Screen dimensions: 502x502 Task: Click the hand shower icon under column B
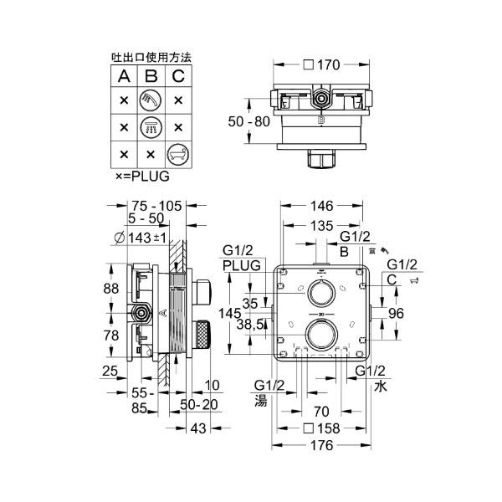tap(151, 100)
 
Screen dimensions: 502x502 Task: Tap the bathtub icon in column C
tap(177, 154)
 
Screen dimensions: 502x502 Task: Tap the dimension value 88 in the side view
tap(110, 289)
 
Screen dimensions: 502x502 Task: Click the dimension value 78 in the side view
tap(110, 334)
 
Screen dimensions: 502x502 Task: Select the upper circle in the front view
tap(320, 293)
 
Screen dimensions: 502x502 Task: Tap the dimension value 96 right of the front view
tap(397, 314)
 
